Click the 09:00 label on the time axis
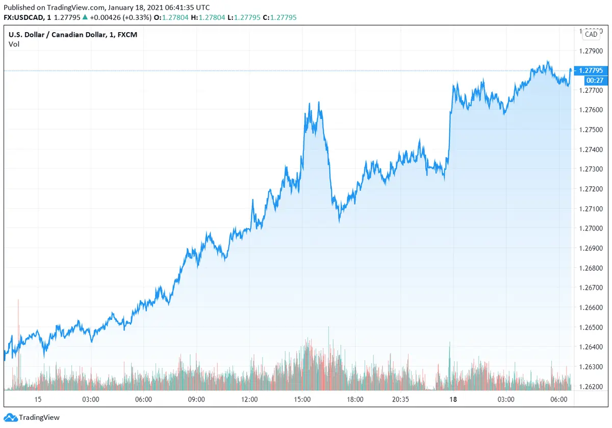pyautogui.click(x=196, y=399)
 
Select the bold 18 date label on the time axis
pyautogui.click(x=453, y=399)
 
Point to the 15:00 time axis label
pyautogui.click(x=302, y=399)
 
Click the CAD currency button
pyautogui.click(x=591, y=34)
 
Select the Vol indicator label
pyautogui.click(x=14, y=44)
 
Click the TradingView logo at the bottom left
pyautogui.click(x=32, y=417)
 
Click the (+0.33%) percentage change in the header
pyautogui.click(x=138, y=17)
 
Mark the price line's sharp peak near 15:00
pyautogui.click(x=319, y=102)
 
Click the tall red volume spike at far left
pyautogui.click(x=18, y=301)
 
